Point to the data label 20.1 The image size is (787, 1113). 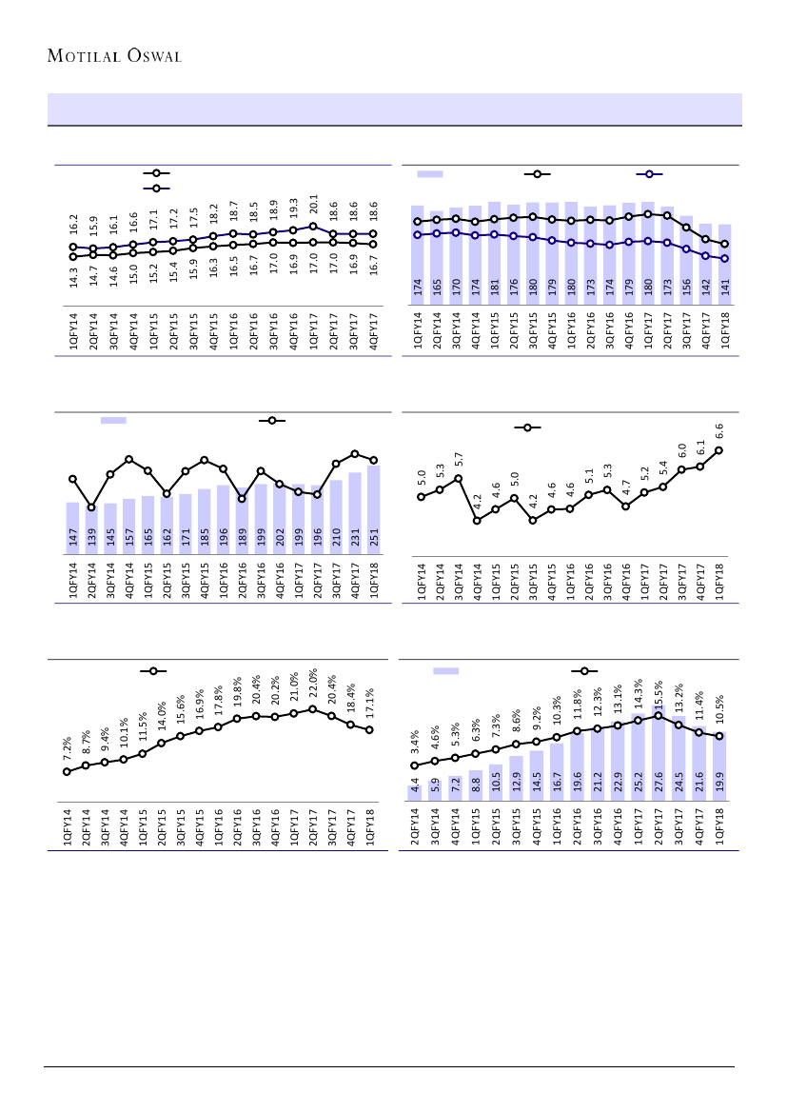(x=312, y=205)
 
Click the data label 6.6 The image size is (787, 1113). (x=719, y=432)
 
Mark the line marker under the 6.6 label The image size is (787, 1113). (x=719, y=450)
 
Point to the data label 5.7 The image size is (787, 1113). (x=459, y=460)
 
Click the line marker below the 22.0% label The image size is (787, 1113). (x=312, y=709)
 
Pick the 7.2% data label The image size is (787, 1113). (x=67, y=746)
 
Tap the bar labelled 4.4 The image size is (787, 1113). (x=415, y=792)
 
